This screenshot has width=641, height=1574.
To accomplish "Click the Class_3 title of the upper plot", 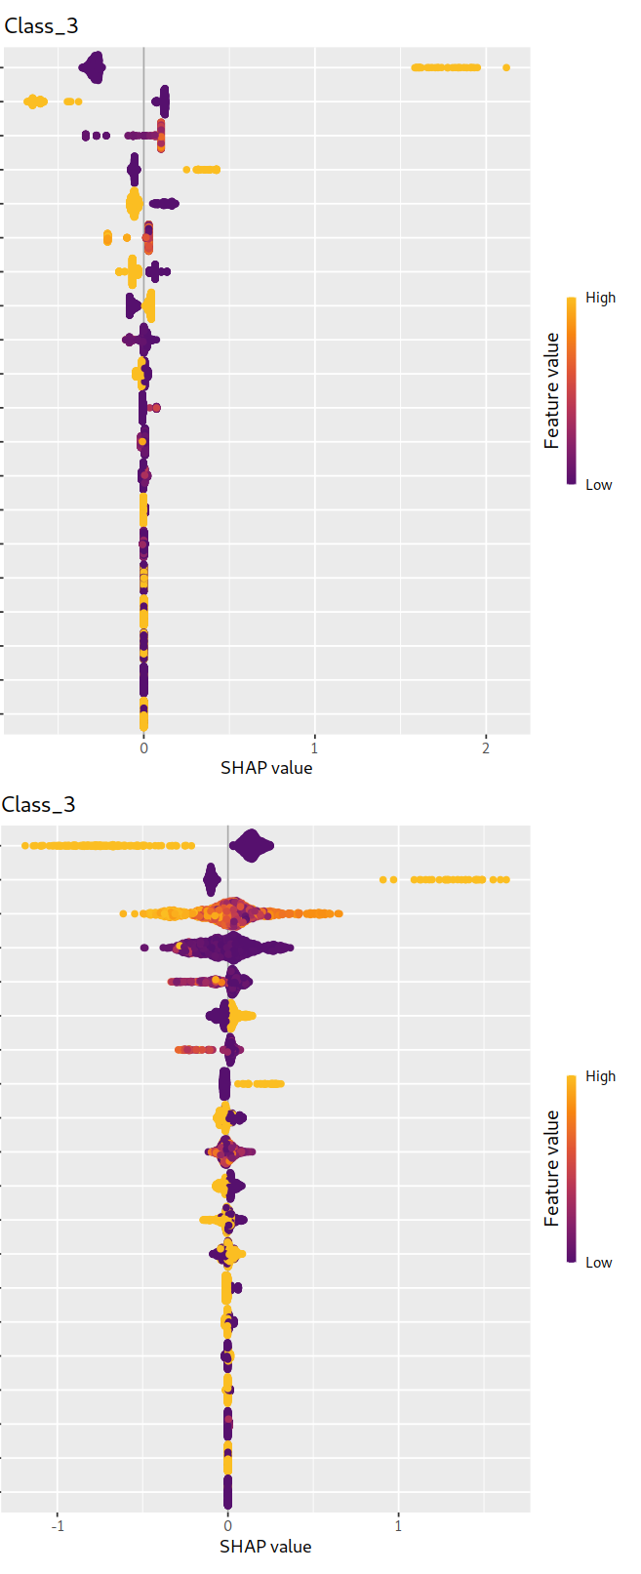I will point(41,26).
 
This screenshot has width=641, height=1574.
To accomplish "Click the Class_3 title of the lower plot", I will point(39,805).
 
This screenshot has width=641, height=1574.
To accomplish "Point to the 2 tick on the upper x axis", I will point(486,748).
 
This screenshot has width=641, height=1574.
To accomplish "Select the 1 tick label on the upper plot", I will point(314,748).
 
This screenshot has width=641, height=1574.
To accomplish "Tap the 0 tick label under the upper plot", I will point(143,748).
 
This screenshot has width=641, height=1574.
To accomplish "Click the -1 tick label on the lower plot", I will point(58,1526).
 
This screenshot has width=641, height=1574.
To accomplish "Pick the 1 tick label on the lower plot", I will point(398,1526).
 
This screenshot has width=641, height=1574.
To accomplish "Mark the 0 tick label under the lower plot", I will point(227,1526).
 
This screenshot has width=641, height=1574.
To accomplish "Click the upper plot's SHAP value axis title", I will point(266,768).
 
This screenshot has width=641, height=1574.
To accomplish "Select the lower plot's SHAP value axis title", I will point(265,1547).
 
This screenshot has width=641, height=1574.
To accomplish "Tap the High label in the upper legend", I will point(600,298).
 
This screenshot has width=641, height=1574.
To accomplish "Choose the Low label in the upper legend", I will point(598,485).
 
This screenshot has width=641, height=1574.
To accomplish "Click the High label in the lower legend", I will point(600,1076).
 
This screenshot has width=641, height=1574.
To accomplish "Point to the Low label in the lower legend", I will point(598,1263).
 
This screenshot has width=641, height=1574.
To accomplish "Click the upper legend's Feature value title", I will point(552,390).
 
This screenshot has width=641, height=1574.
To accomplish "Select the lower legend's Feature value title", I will point(552,1168).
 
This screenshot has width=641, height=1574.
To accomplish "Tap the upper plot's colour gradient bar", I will point(571,390).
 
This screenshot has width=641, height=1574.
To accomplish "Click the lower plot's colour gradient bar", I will point(571,1168).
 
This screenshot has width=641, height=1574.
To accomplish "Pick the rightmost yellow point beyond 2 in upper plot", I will point(505,67).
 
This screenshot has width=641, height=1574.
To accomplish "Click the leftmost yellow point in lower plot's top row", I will point(25,845).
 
